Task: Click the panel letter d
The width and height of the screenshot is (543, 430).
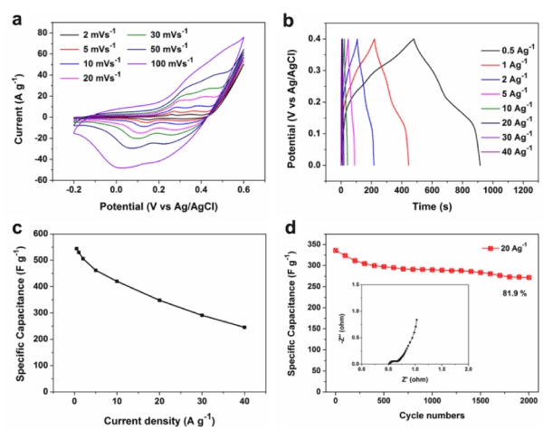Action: pyautogui.click(x=291, y=225)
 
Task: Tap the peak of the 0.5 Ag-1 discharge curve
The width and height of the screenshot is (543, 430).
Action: pyautogui.click(x=414, y=39)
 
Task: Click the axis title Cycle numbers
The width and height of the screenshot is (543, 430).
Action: pyautogui.click(x=433, y=417)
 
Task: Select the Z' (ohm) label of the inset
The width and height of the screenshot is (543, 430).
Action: pyautogui.click(x=414, y=381)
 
